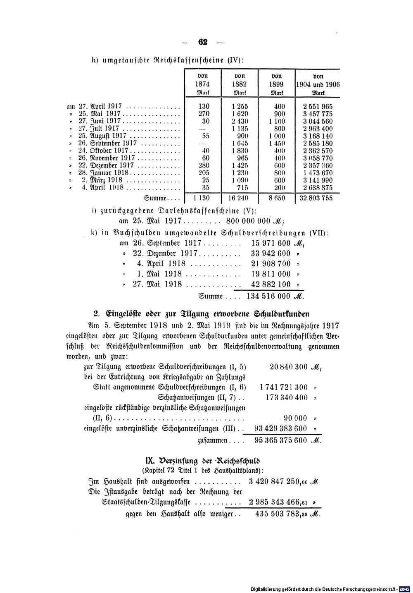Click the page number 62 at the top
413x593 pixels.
(202, 41)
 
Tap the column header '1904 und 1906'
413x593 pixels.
(318, 84)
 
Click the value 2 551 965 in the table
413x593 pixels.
(318, 106)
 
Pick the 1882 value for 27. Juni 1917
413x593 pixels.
(240, 121)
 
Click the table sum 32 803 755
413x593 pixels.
(317, 198)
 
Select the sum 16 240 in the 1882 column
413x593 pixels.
(240, 198)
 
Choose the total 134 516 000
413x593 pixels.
(269, 296)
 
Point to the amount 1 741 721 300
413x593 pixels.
(284, 387)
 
